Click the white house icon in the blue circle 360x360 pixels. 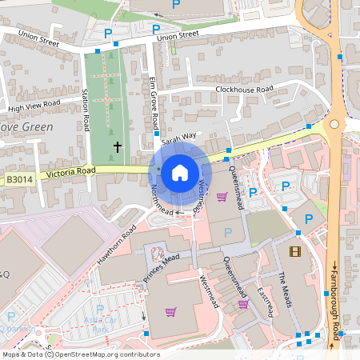179,172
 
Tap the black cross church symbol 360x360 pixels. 118,147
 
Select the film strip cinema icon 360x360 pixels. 297,252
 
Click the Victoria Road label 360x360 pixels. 71,171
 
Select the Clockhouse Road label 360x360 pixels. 245,89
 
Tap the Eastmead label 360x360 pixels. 265,298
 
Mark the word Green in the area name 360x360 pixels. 37,127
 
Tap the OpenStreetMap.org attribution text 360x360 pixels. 92,354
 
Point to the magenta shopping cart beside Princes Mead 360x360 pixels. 170,312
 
